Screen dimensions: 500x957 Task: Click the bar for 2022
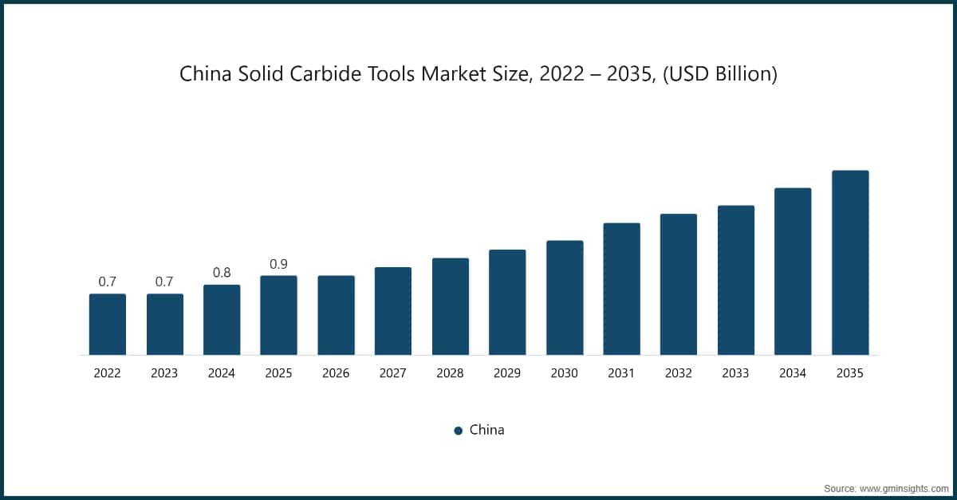[x=108, y=325]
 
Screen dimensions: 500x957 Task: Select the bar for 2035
[x=850, y=262]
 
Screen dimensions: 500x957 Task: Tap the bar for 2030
[x=565, y=297]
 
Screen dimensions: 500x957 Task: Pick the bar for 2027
[x=393, y=311]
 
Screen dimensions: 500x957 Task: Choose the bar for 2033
[x=736, y=280]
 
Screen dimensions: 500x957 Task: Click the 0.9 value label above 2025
[x=278, y=264]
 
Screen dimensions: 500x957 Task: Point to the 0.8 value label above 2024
[x=222, y=273]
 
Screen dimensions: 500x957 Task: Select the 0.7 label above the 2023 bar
[x=164, y=281]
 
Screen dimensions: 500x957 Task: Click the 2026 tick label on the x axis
[x=336, y=373]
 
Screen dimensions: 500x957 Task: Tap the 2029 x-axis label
[x=507, y=373]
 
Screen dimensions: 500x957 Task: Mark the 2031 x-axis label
[x=622, y=373]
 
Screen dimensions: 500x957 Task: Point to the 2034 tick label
[x=793, y=373]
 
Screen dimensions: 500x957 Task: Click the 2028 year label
[x=451, y=373]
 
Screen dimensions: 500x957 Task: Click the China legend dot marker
[x=459, y=431]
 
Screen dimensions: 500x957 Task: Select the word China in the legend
[x=486, y=430]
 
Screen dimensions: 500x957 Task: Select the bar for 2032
[x=679, y=284]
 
